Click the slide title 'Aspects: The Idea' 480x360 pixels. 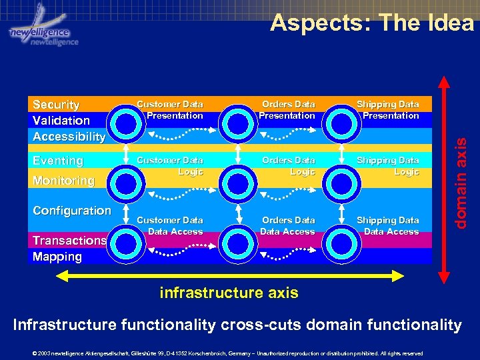coord(371,23)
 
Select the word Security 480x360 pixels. coord(56,105)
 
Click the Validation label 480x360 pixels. coord(61,121)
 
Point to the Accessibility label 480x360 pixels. coord(69,137)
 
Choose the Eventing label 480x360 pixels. coord(58,161)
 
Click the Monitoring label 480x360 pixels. coord(63,181)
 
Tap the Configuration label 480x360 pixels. coord(72,211)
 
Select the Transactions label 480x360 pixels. coord(69,241)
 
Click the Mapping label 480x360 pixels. coord(57,257)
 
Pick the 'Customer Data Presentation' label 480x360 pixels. coord(170,110)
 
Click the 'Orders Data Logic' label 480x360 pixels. coord(288,166)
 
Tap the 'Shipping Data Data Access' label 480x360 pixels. coord(388,226)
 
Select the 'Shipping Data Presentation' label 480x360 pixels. coord(388,110)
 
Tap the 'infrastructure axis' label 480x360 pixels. coord(229,293)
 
